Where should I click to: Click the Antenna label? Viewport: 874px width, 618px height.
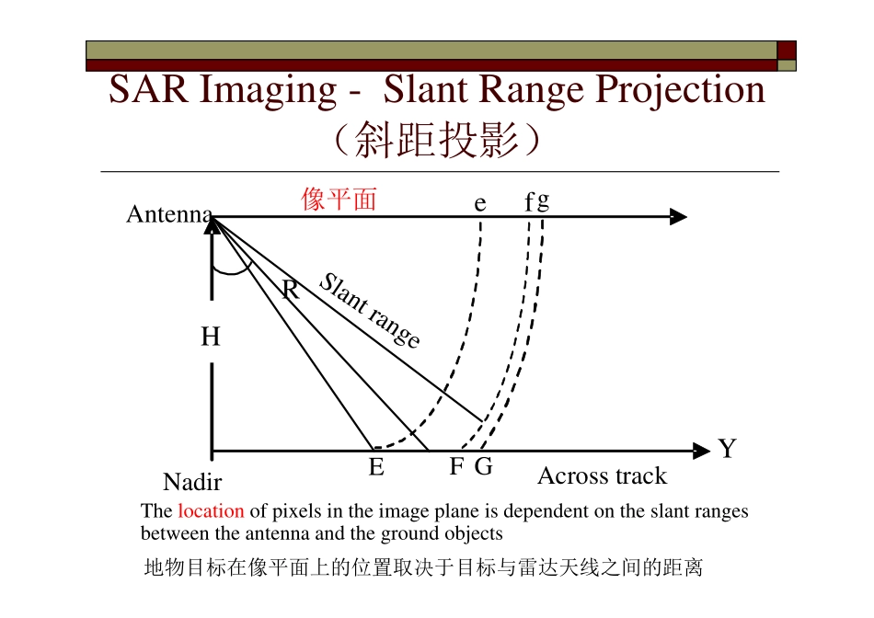(x=169, y=215)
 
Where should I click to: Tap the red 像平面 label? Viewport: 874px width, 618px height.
(x=339, y=200)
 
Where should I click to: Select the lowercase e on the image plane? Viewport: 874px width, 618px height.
(x=480, y=204)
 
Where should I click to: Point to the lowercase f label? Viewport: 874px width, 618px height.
(x=529, y=203)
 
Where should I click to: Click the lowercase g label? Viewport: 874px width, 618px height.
(x=544, y=200)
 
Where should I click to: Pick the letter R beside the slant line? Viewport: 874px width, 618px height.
(x=291, y=292)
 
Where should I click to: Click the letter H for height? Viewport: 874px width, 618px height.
(x=211, y=338)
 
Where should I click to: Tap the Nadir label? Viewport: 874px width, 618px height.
(x=192, y=482)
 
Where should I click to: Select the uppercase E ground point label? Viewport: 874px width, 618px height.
(x=376, y=468)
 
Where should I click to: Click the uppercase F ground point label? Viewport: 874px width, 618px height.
(x=456, y=467)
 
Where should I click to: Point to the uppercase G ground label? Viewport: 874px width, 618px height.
(x=484, y=467)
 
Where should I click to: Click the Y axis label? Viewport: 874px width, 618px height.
(x=728, y=449)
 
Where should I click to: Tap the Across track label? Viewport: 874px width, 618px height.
(x=602, y=476)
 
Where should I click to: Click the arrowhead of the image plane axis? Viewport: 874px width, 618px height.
(x=679, y=217)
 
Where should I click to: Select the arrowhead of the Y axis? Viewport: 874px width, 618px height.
(x=702, y=452)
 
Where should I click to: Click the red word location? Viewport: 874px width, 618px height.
(x=211, y=511)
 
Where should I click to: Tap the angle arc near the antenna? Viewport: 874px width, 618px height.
(x=232, y=270)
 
